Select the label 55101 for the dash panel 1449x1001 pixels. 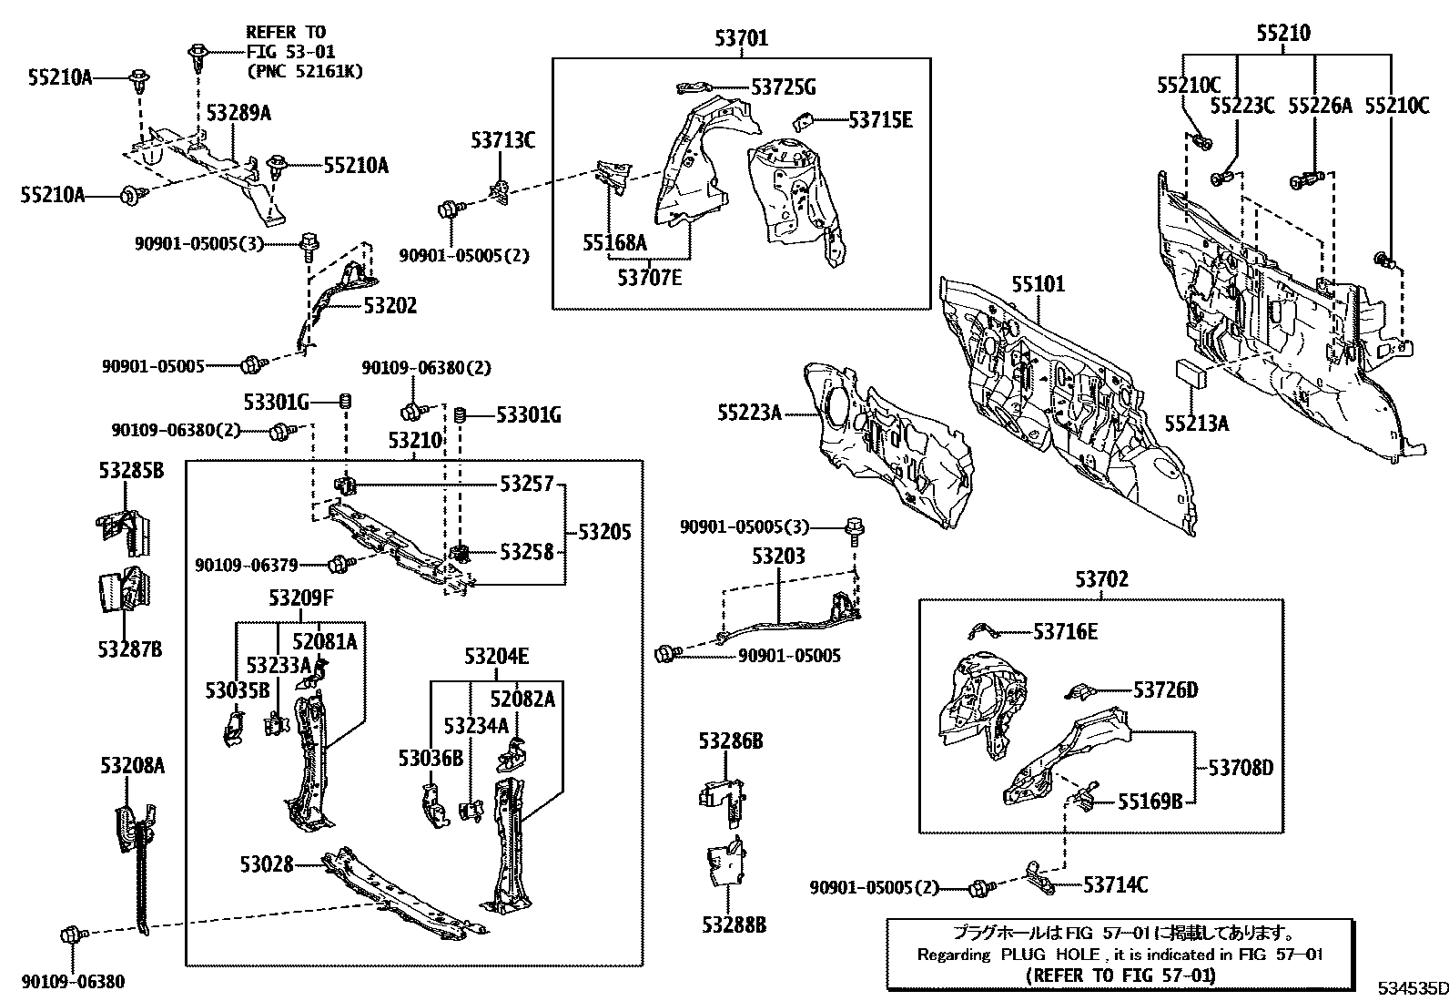point(1038,284)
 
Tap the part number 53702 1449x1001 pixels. point(1100,579)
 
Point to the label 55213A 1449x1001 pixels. point(1196,423)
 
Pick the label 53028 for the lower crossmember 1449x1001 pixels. point(267,863)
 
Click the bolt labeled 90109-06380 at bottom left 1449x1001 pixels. point(71,935)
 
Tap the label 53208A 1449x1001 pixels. point(132,766)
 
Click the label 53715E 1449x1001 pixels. point(880,119)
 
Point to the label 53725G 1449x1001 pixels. point(783,87)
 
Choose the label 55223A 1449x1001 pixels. point(749,414)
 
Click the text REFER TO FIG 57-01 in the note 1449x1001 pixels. point(1120,975)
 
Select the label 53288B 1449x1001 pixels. point(734,925)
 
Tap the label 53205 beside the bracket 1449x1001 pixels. point(604,532)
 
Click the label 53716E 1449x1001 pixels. point(1065,631)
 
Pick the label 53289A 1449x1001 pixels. point(238,113)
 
